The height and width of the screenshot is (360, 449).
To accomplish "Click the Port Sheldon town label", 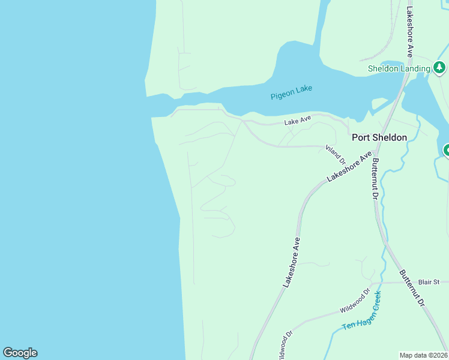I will pyautogui.click(x=379, y=137).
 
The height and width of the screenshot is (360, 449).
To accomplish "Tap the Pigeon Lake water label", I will pyautogui.click(x=291, y=92).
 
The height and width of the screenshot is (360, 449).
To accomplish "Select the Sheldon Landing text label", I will pyautogui.click(x=399, y=68).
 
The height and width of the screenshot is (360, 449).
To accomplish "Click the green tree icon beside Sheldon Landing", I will pyautogui.click(x=440, y=67).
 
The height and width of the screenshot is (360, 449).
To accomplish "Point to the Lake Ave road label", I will pyautogui.click(x=298, y=121).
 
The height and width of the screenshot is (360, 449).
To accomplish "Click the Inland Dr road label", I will pyautogui.click(x=336, y=154).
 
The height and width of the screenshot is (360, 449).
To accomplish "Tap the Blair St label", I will pyautogui.click(x=429, y=281).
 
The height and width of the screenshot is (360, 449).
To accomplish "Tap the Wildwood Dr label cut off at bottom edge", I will pyautogui.click(x=284, y=345).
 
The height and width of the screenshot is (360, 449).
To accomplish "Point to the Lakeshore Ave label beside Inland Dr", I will pyautogui.click(x=350, y=168).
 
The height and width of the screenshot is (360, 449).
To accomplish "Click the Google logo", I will pyautogui.click(x=20, y=353).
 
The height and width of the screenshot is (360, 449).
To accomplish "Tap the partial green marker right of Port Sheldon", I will pyautogui.click(x=446, y=150).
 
